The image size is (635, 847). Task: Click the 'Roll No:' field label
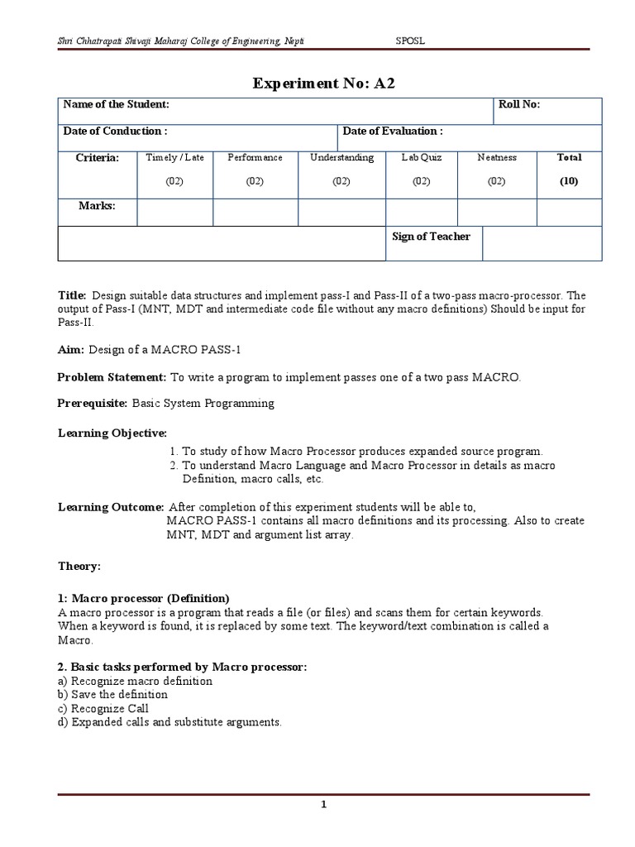click(x=519, y=104)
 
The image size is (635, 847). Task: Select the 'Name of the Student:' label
click(x=117, y=104)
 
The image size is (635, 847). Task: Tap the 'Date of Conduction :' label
click(x=115, y=131)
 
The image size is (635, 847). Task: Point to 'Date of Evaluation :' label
click(x=393, y=131)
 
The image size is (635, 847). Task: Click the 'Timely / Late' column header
click(x=174, y=157)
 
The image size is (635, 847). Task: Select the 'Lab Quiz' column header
click(x=422, y=157)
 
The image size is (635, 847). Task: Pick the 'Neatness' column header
click(x=496, y=157)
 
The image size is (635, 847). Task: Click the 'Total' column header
click(x=569, y=157)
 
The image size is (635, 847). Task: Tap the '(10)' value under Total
click(x=569, y=180)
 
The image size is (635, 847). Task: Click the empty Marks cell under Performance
click(x=255, y=212)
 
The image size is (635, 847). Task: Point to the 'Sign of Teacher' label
click(x=431, y=237)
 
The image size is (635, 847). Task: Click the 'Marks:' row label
click(x=97, y=206)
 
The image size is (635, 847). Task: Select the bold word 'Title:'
click(x=72, y=295)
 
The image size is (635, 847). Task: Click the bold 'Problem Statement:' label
click(x=112, y=377)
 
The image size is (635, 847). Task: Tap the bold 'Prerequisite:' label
click(x=93, y=404)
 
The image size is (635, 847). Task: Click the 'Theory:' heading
click(x=79, y=566)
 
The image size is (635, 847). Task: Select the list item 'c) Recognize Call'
click(x=103, y=709)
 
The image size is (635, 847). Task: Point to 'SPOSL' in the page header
click(x=412, y=41)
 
